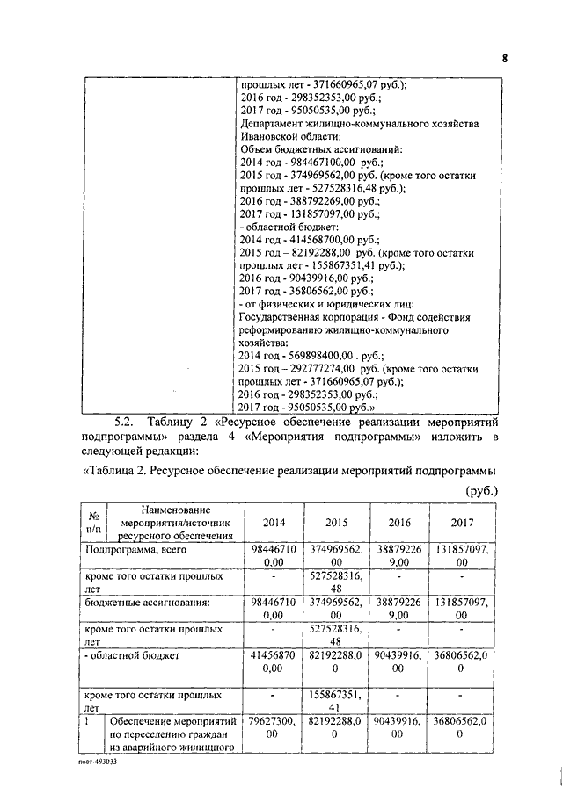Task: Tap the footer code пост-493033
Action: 95,762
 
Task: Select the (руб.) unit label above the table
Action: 478,490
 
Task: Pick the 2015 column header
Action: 337,523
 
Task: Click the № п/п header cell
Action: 92,523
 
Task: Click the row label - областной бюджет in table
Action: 132,654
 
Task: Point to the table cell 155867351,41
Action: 337,700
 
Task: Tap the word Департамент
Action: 273,125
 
